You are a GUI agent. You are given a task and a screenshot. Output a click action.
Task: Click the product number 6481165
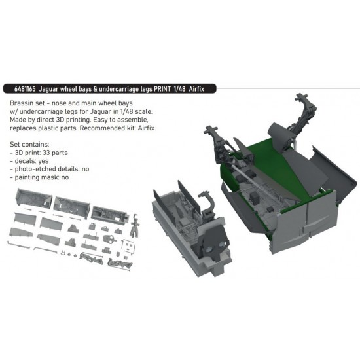pos(25,89)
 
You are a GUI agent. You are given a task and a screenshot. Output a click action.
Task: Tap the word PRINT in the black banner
pos(162,89)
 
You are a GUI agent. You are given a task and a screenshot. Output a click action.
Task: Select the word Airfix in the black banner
pos(196,89)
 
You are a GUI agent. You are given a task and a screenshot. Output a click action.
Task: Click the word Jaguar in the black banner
pos(48,89)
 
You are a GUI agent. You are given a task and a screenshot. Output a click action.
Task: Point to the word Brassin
pos(19,103)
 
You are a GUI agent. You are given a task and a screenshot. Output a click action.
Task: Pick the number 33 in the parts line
pos(46,153)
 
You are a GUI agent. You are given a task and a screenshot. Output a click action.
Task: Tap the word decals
pos(24,161)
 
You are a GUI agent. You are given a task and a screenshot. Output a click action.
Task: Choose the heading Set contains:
pos(29,145)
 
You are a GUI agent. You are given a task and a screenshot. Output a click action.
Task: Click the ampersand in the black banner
pos(95,89)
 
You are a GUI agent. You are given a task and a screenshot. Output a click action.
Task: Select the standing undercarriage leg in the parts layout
pos(135,226)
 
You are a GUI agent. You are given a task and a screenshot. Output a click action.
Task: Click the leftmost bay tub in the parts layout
pos(34,198)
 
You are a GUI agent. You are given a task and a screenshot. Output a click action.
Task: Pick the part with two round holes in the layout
pos(109,239)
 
